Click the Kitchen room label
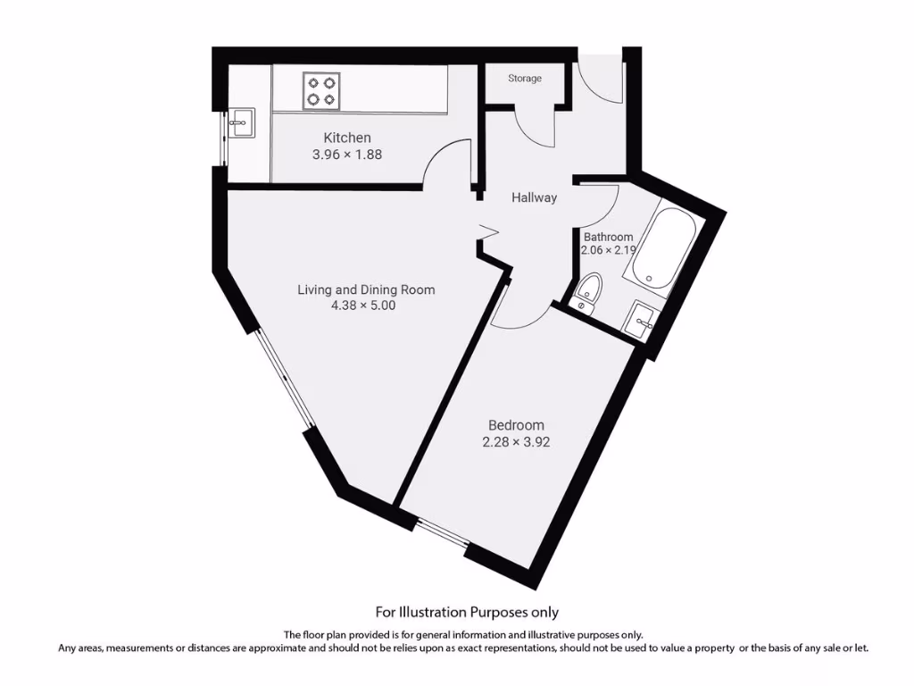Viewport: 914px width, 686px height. [x=346, y=138]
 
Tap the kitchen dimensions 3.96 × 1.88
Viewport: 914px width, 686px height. [x=346, y=154]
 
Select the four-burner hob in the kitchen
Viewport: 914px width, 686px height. [x=321, y=90]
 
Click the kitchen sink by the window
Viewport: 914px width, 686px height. [x=240, y=123]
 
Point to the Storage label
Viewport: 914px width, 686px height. [x=525, y=79]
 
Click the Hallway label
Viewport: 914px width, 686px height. [x=534, y=197]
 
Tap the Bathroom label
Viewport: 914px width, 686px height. [x=608, y=238]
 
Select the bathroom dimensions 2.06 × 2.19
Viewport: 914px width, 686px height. [x=608, y=251]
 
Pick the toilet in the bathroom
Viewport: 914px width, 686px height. [x=588, y=291]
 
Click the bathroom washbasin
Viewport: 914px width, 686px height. [x=642, y=319]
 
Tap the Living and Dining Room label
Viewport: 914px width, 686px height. [x=366, y=289]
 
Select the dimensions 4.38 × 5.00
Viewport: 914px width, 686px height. [x=362, y=305]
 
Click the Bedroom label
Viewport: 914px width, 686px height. [x=516, y=425]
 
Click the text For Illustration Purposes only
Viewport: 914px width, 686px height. [x=467, y=612]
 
